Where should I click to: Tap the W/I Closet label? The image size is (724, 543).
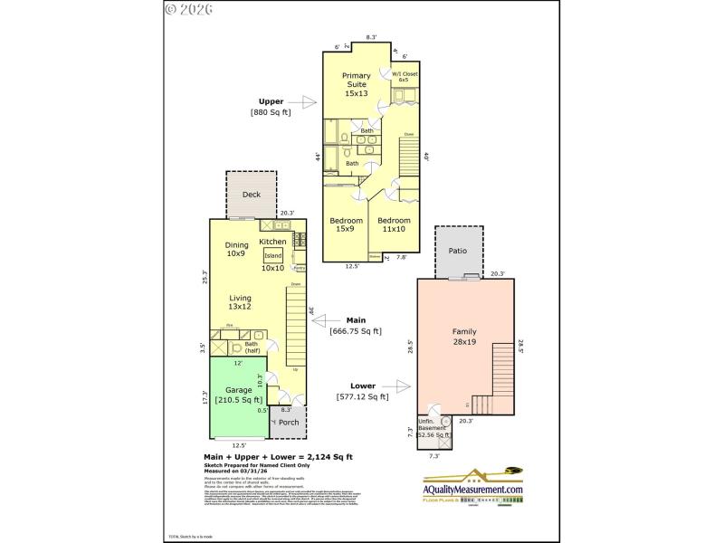tap(404, 76)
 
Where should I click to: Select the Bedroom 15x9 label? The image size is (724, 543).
tap(346, 224)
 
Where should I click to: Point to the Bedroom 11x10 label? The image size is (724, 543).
tap(394, 224)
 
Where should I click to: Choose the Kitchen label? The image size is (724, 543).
tap(272, 242)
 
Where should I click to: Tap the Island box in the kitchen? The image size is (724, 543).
tap(272, 256)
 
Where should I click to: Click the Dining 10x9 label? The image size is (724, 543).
tap(236, 248)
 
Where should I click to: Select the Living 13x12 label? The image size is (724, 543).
tap(240, 302)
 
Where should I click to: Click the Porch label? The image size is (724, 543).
tap(289, 422)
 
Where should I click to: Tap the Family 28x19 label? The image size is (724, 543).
tap(464, 337)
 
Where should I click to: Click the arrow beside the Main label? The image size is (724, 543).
tap(323, 320)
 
